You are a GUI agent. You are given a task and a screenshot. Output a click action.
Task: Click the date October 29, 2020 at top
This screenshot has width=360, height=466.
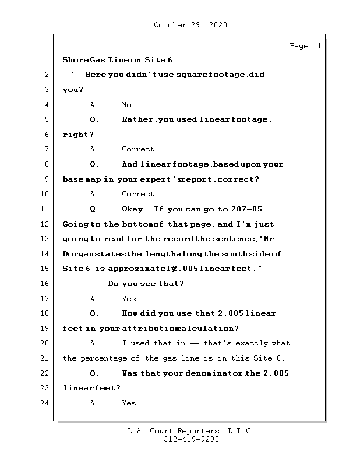pyautogui.click(x=190, y=25)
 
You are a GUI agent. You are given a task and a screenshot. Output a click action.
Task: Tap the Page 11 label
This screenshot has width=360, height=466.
pyautogui.click(x=305, y=46)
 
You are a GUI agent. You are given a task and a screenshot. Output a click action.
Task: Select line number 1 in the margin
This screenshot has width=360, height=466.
pyautogui.click(x=45, y=60)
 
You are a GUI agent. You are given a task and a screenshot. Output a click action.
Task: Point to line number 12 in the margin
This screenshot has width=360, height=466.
pyautogui.click(x=44, y=224)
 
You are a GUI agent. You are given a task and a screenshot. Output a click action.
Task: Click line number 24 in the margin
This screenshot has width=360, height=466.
pyautogui.click(x=44, y=403)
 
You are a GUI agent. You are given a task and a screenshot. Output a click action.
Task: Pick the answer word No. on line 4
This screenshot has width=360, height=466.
pyautogui.click(x=128, y=105)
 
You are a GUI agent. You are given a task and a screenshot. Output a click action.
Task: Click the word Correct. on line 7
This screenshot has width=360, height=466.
pyautogui.click(x=140, y=150)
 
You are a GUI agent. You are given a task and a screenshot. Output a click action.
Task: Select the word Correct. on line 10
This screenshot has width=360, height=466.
pyautogui.click(x=140, y=195)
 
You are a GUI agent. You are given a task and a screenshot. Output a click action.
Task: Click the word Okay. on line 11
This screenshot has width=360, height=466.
pyautogui.click(x=136, y=209)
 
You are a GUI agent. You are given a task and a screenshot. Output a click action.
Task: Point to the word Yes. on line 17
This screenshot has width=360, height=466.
pyautogui.click(x=130, y=299)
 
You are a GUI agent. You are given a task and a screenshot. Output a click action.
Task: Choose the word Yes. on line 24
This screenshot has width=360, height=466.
pyautogui.click(x=130, y=403)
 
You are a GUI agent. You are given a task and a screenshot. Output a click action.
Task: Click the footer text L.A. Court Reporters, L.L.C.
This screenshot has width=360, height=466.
pyautogui.click(x=190, y=432)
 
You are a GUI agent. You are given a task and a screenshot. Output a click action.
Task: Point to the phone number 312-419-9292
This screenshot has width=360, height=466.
pyautogui.click(x=190, y=440)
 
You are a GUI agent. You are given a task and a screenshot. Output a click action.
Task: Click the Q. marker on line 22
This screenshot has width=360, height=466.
pyautogui.click(x=94, y=373)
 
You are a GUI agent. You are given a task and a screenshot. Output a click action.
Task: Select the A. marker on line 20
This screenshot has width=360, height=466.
pyautogui.click(x=94, y=343)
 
